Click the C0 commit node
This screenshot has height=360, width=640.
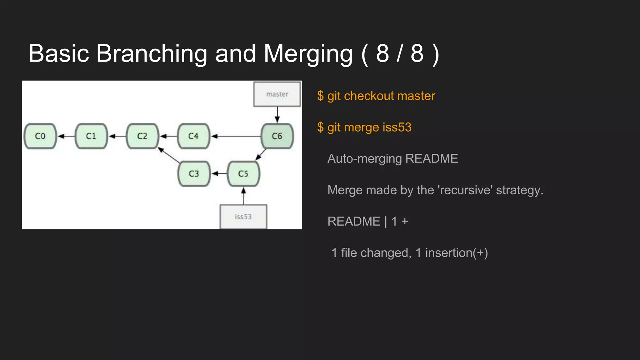point(40,136)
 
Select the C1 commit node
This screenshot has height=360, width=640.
point(91,136)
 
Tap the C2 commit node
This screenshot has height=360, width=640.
point(142,136)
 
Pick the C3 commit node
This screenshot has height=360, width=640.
point(194,174)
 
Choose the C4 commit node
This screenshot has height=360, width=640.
point(193,136)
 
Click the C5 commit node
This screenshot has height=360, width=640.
point(243,174)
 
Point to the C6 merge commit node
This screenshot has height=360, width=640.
point(277,136)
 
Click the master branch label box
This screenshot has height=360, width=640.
point(277,94)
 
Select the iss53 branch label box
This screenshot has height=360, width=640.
point(243,217)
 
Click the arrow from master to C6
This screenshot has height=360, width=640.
point(277,115)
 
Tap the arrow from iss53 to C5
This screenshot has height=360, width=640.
point(244,196)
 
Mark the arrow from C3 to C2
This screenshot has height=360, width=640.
point(169,155)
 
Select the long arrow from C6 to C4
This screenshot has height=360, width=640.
point(236,136)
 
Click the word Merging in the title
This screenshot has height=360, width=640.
point(308,54)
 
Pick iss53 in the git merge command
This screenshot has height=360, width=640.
point(397,127)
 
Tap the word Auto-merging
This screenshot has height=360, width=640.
point(364,159)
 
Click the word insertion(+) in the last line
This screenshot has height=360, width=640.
point(456,253)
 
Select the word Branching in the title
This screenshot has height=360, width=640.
point(152,54)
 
